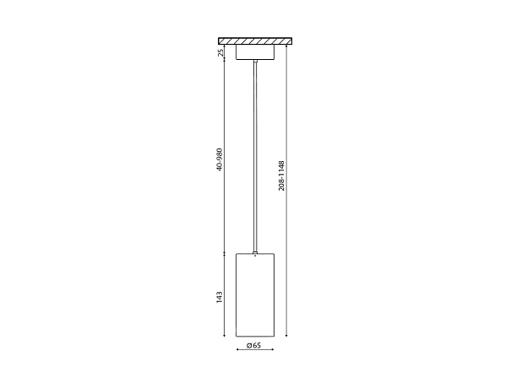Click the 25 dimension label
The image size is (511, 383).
coord(220,52)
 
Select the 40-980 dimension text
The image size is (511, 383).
coord(220,159)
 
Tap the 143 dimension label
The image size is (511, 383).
coord(220,298)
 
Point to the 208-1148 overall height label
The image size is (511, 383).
coord(281,175)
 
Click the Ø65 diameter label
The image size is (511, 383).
coord(254,345)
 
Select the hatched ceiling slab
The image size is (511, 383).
coord(255,41)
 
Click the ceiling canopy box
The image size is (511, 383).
coord(255,52)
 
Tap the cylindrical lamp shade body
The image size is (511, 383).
coord(255,294)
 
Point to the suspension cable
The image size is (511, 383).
coord(255,157)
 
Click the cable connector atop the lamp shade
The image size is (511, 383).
coord(255,252)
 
